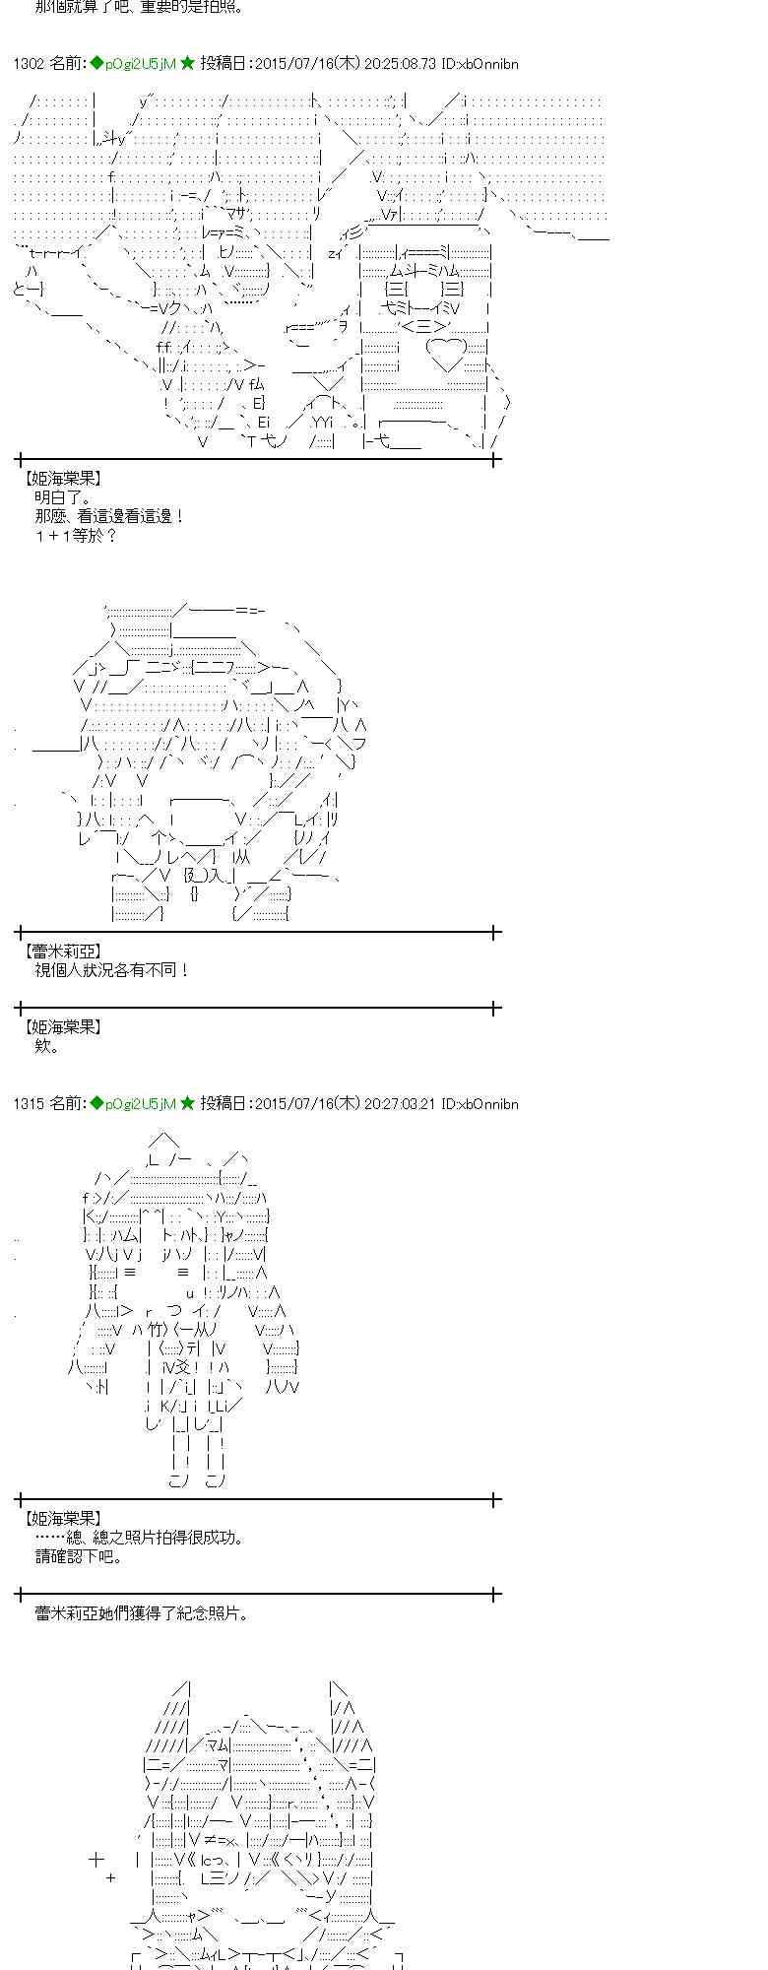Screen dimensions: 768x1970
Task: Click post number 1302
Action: point(30,64)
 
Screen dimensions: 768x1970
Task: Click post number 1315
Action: point(30,1104)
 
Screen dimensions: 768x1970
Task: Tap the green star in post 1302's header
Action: point(187,64)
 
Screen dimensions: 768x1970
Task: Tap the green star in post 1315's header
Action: point(187,1104)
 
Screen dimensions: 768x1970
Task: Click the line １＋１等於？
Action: point(77,536)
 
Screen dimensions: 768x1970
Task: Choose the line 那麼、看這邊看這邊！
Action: point(109,516)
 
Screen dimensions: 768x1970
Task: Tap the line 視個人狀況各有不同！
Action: point(112,970)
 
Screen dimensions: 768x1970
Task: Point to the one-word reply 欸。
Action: point(47,1046)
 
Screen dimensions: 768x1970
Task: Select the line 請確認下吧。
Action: point(79,1557)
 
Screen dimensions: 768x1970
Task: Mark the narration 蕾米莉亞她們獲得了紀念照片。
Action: point(142,1613)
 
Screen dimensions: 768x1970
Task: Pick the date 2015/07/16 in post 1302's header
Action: point(293,64)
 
